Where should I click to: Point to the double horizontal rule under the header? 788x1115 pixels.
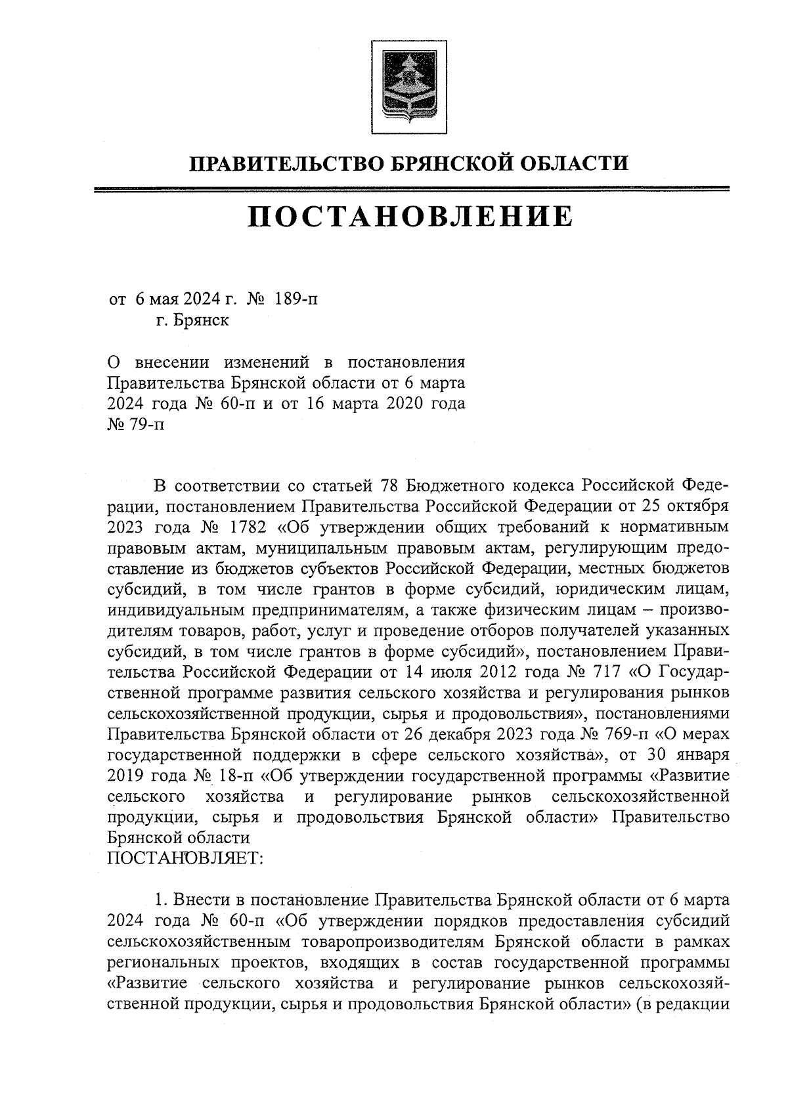tap(412, 190)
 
